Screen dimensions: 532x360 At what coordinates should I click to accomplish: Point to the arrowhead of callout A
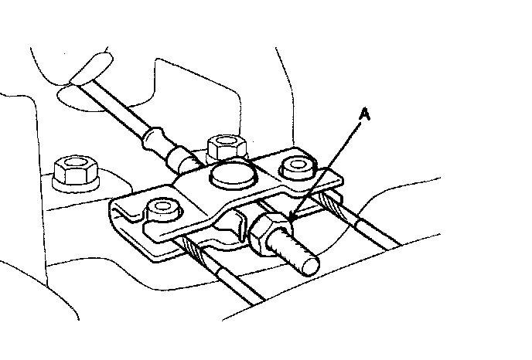point(292,224)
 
